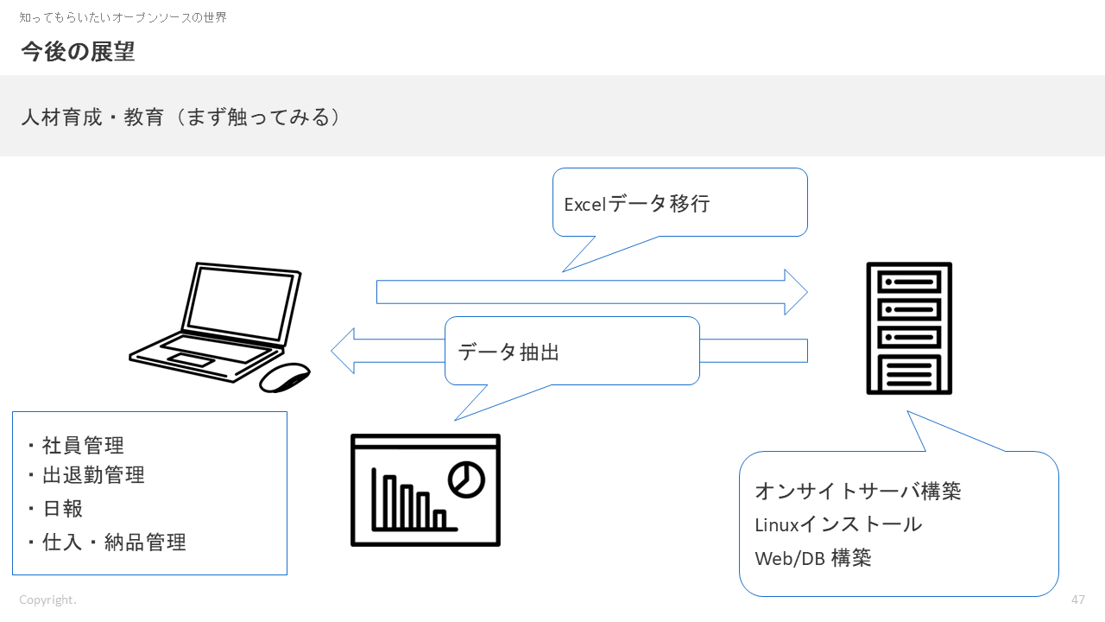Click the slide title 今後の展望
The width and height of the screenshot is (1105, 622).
click(x=78, y=52)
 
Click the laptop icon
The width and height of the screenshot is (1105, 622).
click(x=216, y=320)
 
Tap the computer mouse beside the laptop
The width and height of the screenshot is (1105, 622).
click(x=285, y=378)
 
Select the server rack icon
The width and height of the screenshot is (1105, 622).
click(x=909, y=328)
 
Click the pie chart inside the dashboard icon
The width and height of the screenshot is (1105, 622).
click(x=466, y=479)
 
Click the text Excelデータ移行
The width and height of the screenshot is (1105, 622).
click(x=636, y=204)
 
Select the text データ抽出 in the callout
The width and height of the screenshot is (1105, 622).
click(x=508, y=352)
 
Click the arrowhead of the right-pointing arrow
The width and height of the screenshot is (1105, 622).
click(x=795, y=292)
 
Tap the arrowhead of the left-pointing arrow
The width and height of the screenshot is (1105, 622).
click(x=344, y=351)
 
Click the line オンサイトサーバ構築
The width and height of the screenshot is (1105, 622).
click(x=857, y=491)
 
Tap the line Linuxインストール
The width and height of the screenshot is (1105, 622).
click(x=838, y=524)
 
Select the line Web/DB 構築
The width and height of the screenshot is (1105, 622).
click(x=812, y=558)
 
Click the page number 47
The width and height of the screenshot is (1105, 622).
click(x=1077, y=600)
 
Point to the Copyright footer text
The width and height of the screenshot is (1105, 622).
click(x=47, y=600)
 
